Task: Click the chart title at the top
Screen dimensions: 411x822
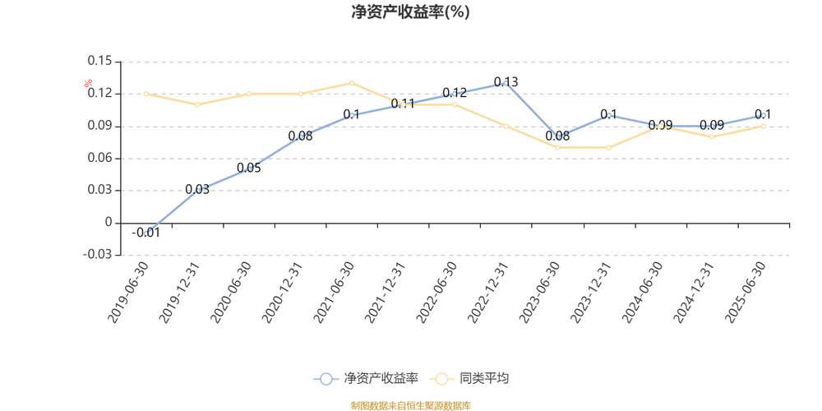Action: [x=410, y=13]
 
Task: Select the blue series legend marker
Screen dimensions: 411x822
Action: [x=326, y=379]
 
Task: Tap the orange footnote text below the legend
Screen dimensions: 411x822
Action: [x=410, y=404]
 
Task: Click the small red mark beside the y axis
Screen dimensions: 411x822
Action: [x=88, y=81]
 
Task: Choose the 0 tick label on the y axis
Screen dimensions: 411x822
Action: [x=107, y=222]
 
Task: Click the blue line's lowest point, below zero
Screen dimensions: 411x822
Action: [x=146, y=234]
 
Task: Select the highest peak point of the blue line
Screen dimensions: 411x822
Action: [x=506, y=84]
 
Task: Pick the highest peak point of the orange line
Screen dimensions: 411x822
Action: [x=352, y=82]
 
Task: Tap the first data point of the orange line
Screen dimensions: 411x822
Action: [x=146, y=94]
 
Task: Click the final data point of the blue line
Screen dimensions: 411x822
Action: [x=763, y=116]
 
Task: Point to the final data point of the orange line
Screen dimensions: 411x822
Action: [x=763, y=126]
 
